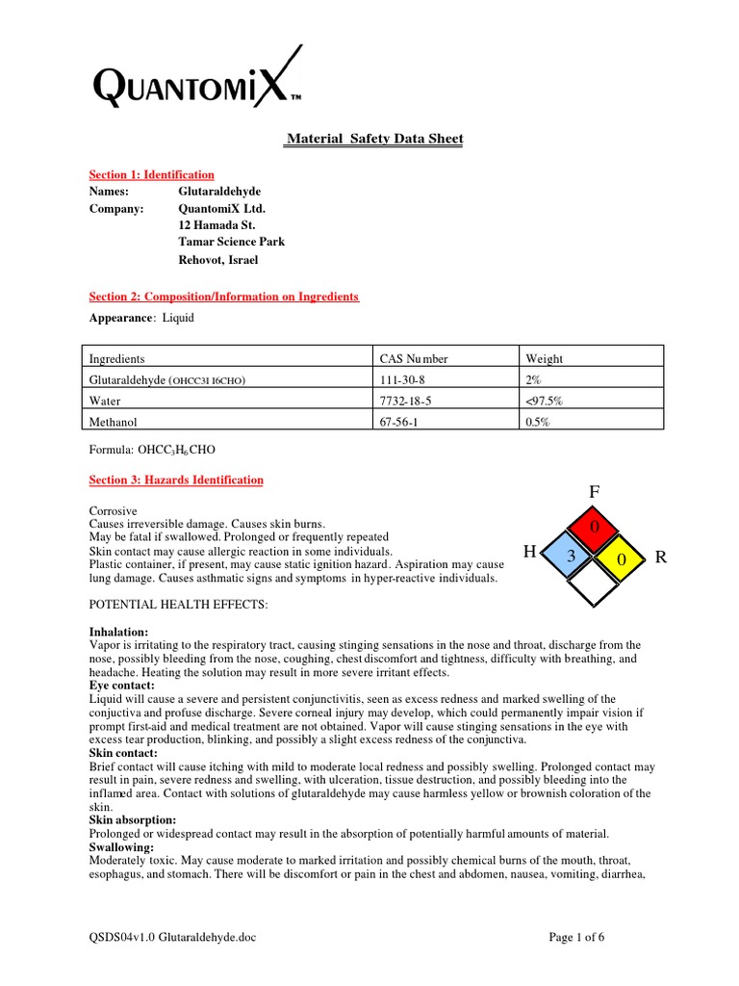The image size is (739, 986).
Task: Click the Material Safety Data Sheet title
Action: pyautogui.click(x=375, y=140)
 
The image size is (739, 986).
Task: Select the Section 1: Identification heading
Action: pyautogui.click(x=152, y=175)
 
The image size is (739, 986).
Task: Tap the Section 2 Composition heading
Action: pyautogui.click(x=223, y=297)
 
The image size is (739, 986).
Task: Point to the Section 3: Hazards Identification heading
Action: pyautogui.click(x=176, y=480)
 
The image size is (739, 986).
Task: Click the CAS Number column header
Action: pyautogui.click(x=414, y=359)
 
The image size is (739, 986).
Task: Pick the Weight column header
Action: pyautogui.click(x=545, y=359)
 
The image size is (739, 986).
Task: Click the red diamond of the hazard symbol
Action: pyautogui.click(x=595, y=528)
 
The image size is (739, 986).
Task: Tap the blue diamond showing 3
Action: pyautogui.click(x=570, y=557)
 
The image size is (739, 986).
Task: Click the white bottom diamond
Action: pyautogui.click(x=595, y=584)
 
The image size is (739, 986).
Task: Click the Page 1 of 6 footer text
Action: pyautogui.click(x=576, y=937)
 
